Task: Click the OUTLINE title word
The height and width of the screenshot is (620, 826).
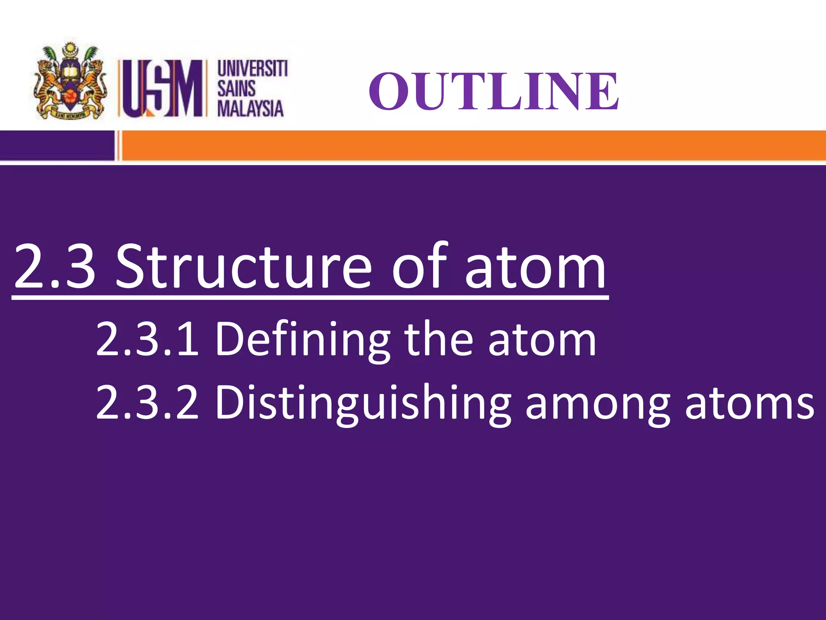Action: point(494,91)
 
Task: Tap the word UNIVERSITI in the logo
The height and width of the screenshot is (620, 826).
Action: point(252,69)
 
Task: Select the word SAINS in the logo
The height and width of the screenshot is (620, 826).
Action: point(237,88)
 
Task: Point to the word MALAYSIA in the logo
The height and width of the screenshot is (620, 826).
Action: point(250,108)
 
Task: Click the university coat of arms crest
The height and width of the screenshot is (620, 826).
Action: point(71,81)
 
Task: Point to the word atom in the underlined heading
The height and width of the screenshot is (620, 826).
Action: point(536,267)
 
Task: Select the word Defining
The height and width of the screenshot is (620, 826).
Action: point(303,340)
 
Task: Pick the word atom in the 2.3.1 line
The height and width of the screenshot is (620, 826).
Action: point(542,340)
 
